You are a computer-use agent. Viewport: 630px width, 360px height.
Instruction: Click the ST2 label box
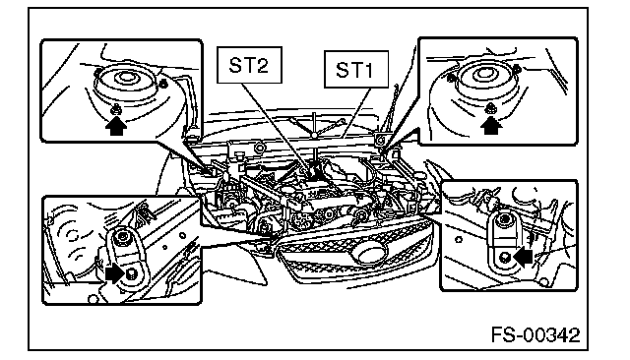pyautogui.click(x=249, y=65)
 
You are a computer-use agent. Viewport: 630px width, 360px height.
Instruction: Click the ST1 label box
pyautogui.click(x=356, y=69)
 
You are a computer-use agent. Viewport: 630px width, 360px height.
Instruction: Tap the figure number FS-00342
pyautogui.click(x=535, y=334)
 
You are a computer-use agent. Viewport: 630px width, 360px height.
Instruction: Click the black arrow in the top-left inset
pyautogui.click(x=116, y=126)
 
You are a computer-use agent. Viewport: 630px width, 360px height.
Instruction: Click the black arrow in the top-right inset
pyautogui.click(x=491, y=125)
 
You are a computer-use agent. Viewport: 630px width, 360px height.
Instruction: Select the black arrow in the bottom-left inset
pyautogui.click(x=115, y=274)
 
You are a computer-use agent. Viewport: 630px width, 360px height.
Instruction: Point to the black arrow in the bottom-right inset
pyautogui.click(x=523, y=257)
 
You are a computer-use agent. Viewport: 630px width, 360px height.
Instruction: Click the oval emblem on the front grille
pyautogui.click(x=368, y=254)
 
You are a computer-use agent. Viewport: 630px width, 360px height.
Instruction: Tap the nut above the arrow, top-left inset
pyautogui.click(x=116, y=109)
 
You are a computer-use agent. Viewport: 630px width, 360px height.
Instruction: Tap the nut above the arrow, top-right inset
pyautogui.click(x=490, y=108)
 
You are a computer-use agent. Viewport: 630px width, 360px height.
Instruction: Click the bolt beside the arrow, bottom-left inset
pyautogui.click(x=131, y=274)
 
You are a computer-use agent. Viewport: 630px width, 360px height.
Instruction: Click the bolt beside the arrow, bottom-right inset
pyautogui.click(x=506, y=256)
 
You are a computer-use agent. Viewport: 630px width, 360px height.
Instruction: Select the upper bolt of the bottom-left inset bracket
pyautogui.click(x=120, y=238)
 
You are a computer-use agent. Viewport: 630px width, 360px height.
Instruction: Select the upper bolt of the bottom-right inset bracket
pyautogui.click(x=504, y=219)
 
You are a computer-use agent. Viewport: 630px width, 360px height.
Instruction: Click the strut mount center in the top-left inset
pyautogui.click(x=126, y=77)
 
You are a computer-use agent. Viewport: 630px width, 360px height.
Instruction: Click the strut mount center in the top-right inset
pyautogui.click(x=483, y=74)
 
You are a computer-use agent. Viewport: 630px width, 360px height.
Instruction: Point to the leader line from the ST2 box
pyautogui.click(x=277, y=130)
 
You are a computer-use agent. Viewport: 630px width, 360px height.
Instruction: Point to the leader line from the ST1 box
pyautogui.click(x=354, y=113)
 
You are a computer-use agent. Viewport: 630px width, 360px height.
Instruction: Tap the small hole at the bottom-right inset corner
pyautogui.click(x=544, y=281)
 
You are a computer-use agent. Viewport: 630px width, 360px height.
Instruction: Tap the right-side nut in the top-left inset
pyautogui.click(x=162, y=84)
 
